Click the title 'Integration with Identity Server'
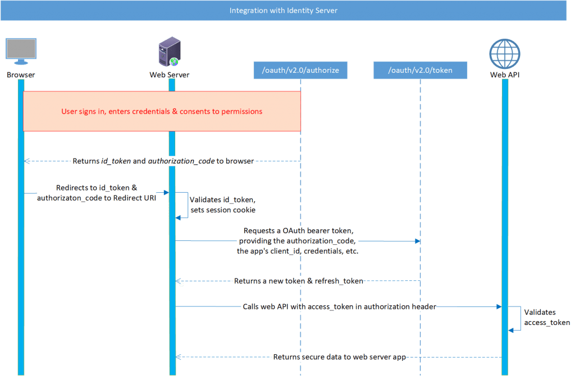(x=284, y=11)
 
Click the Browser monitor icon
(x=21, y=52)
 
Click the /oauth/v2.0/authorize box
(x=300, y=70)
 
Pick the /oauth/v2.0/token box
(x=420, y=70)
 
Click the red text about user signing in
(x=162, y=112)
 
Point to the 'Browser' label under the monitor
(x=21, y=75)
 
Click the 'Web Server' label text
(x=168, y=75)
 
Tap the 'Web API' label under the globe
(x=504, y=75)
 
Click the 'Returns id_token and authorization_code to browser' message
(x=163, y=161)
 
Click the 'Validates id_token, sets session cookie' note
(x=222, y=205)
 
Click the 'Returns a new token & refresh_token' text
(x=298, y=281)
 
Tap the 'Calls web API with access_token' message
(x=339, y=307)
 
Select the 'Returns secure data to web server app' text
(x=339, y=357)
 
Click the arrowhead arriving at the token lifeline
(x=417, y=241)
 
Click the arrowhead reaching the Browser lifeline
(x=26, y=161)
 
